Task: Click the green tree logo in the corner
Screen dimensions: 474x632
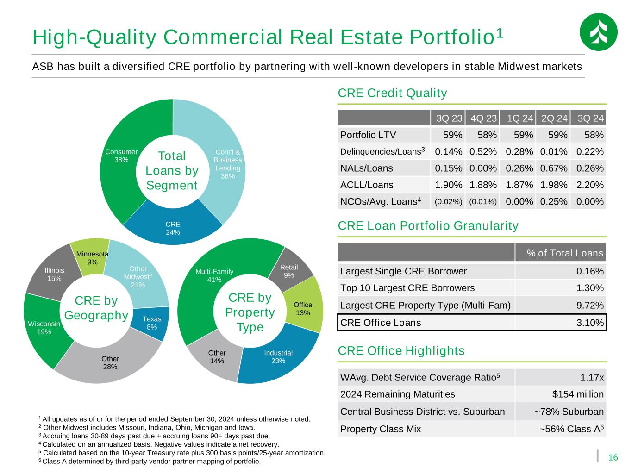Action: coord(598,32)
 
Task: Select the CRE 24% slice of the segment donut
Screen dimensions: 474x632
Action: coord(173,228)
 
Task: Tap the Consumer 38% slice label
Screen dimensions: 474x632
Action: coord(121,156)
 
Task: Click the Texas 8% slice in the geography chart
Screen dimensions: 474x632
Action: coord(151,323)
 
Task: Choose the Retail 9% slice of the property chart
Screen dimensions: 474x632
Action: coord(289,271)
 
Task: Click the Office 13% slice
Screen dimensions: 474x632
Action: coord(303,308)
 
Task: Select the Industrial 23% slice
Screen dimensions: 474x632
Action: coord(278,356)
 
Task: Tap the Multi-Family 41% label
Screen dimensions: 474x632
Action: coord(214,275)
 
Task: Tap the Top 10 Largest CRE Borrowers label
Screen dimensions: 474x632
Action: coord(407,288)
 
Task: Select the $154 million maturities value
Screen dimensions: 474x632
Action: coord(578,394)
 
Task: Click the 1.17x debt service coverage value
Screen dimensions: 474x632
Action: coord(592,378)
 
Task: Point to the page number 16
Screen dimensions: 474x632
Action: coord(613,458)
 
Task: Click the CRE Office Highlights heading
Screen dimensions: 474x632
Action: coord(401,351)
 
